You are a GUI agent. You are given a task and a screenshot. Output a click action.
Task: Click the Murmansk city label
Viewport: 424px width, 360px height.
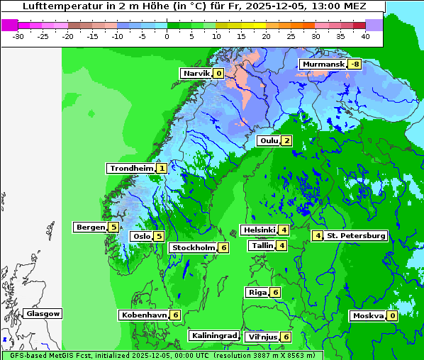[323, 64]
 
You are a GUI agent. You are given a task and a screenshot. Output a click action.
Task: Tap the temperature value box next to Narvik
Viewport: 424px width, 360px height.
[218, 74]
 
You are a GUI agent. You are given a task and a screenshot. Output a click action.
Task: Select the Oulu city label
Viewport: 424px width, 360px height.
[269, 140]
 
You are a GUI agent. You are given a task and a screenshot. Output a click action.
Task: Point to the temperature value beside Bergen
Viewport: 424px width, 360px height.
[113, 227]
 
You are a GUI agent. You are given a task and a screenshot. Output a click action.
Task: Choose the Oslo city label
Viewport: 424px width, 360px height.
[141, 237]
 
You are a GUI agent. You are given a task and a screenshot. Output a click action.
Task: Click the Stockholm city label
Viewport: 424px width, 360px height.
[192, 248]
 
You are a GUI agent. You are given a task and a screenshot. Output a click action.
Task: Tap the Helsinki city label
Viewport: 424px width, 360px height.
[259, 230]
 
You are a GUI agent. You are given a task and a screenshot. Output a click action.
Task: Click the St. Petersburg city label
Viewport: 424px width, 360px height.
[356, 235]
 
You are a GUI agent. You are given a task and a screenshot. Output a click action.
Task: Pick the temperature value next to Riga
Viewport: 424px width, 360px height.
[276, 293]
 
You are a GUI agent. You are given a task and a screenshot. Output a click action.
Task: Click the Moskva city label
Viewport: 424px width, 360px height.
[368, 316]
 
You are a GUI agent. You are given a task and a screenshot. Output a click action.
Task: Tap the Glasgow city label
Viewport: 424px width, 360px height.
[43, 314]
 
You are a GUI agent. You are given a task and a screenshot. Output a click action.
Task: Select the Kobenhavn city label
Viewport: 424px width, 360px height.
[144, 315]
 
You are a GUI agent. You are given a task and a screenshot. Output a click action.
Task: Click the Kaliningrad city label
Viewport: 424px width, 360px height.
[213, 335]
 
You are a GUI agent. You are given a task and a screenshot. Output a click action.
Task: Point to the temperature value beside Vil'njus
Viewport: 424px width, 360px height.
[286, 337]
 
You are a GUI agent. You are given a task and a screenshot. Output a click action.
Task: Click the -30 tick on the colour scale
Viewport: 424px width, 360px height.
[18, 35]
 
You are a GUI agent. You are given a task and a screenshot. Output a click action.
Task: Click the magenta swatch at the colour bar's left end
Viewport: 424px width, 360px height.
[10, 24]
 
